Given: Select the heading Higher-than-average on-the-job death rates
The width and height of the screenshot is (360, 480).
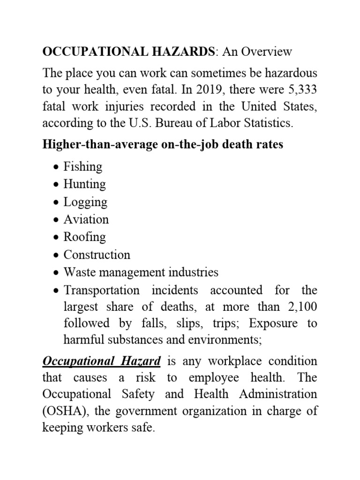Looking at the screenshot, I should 163,144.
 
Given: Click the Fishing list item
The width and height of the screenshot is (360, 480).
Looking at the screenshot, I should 82,166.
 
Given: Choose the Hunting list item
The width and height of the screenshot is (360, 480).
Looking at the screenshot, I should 84,184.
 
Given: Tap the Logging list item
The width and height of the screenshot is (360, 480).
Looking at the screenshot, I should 85,202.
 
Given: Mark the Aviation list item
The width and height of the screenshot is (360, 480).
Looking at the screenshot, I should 86,219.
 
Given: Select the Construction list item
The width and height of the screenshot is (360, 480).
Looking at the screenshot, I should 97,255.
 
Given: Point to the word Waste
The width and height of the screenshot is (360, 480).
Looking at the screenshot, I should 79,272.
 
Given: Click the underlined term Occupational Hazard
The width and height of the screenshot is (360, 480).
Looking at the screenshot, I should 102,361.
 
